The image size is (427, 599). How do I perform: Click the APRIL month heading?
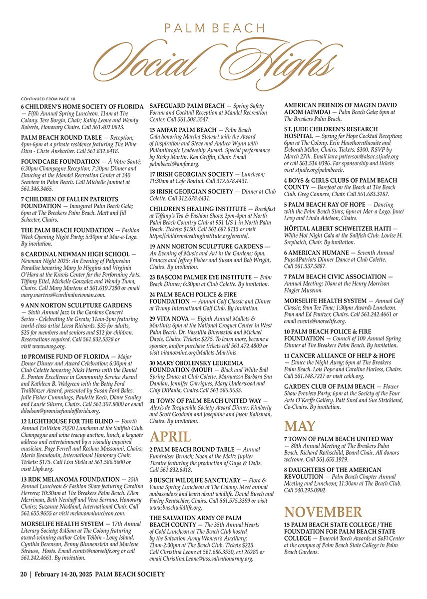[x=170, y=436]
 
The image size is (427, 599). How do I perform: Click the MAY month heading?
[x=300, y=426]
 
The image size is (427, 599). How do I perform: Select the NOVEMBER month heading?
[x=323, y=512]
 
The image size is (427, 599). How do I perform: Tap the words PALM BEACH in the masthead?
[x=215, y=28]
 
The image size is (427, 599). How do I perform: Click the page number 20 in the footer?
[x=23, y=574]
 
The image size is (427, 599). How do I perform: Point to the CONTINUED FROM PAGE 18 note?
[x=47, y=99]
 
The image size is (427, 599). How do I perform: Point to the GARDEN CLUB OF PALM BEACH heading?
[x=329, y=387]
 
